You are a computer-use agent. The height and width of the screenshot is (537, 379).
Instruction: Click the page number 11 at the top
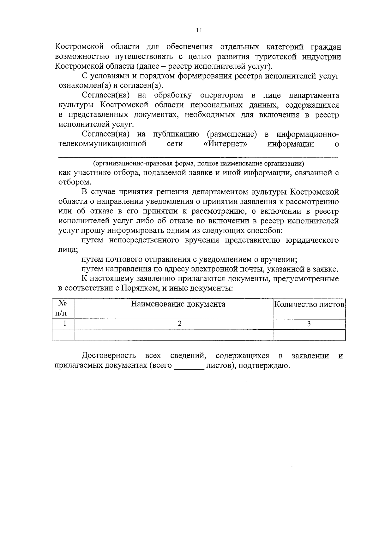tap(199, 30)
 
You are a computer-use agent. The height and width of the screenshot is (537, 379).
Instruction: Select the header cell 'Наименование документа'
tap(178, 304)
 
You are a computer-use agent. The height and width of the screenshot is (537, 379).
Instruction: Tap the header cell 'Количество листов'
tap(309, 305)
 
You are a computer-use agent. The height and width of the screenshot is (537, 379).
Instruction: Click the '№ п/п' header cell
tap(63, 309)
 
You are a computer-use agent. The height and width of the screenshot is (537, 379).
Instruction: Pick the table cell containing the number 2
tap(180, 324)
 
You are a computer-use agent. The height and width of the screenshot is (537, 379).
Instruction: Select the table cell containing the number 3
tap(309, 324)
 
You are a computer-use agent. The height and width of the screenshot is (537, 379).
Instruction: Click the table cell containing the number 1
tap(64, 324)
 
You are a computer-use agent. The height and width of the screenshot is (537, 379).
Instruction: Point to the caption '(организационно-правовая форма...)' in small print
tap(198, 164)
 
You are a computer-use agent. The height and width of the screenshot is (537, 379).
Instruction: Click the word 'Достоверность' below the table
tap(109, 356)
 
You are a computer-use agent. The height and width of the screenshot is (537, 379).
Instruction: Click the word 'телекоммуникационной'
tap(103, 144)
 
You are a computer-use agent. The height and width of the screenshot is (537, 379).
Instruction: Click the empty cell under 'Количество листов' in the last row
tap(309, 335)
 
